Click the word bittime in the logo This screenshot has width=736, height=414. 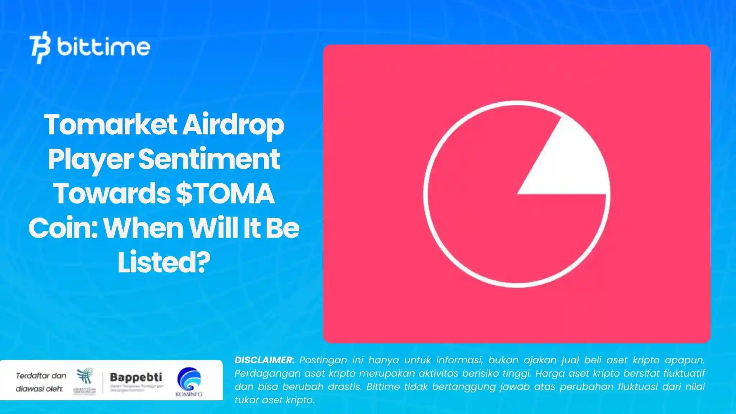point(103,47)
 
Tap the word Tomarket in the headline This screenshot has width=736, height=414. point(110,125)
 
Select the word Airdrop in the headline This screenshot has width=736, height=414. point(233,125)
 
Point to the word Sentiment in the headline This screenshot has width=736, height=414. point(209,159)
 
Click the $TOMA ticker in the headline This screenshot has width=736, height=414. point(225,194)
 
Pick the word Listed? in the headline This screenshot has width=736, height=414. point(164,262)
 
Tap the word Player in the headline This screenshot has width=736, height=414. point(90,159)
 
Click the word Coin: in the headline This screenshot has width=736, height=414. point(63,228)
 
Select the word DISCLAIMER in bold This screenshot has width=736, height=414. point(264,360)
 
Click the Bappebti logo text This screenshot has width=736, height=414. point(136,377)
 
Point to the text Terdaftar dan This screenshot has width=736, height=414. point(41,376)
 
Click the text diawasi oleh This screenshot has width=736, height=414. point(39,389)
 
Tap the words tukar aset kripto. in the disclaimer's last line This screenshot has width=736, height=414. point(275,400)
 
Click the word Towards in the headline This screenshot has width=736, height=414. point(112,194)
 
